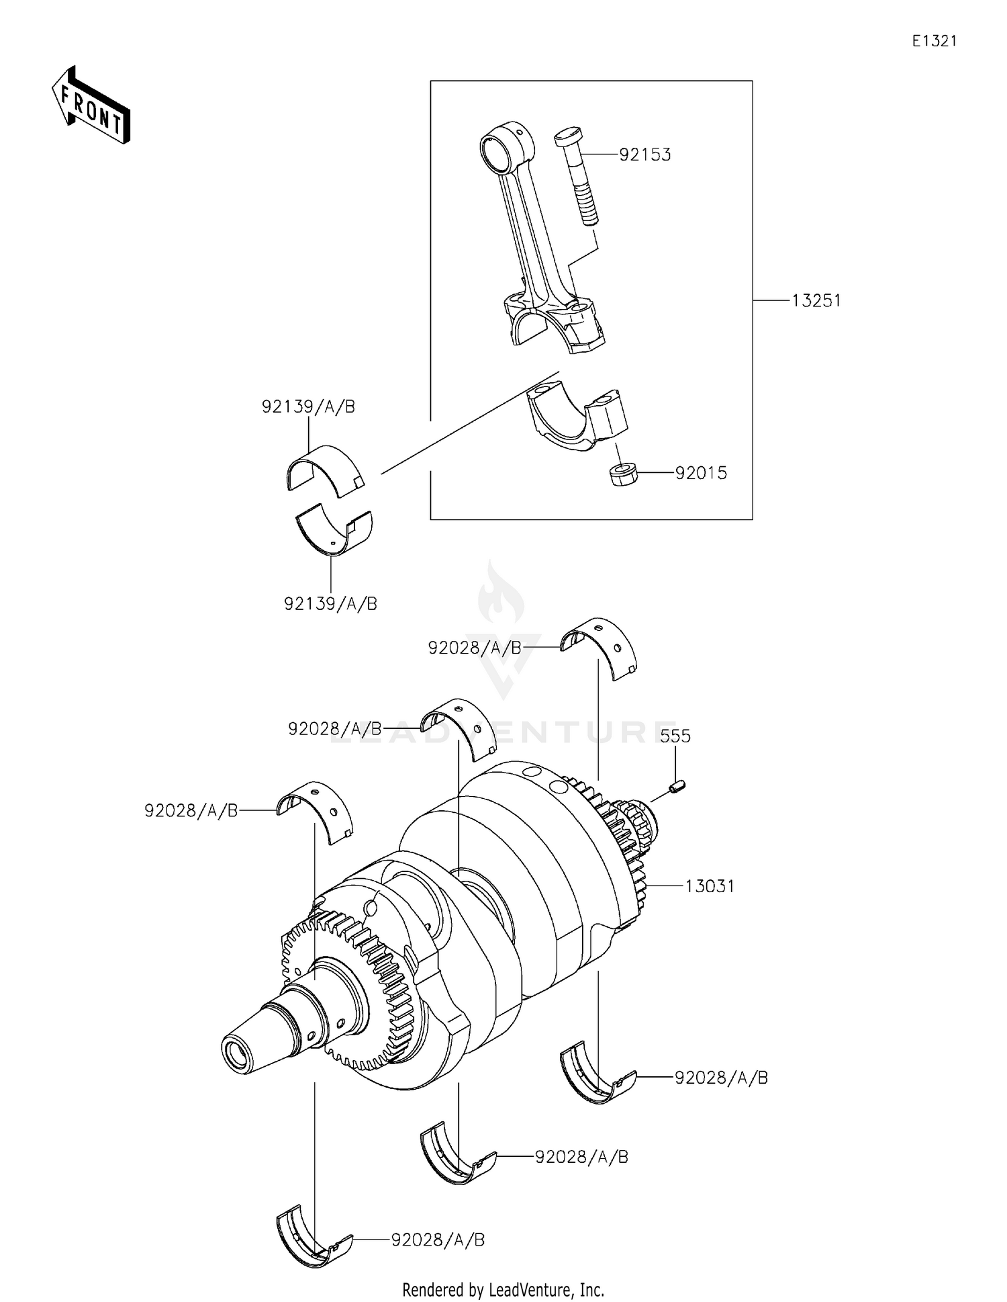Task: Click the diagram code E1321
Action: pos(934,41)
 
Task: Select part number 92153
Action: pos(644,155)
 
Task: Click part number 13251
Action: pos(816,301)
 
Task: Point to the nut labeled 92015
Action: pos(623,474)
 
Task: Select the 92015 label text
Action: pos(701,473)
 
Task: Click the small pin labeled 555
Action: pos(677,785)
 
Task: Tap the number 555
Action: pos(675,736)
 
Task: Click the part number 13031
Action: pos(710,886)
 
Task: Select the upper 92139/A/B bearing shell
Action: pos(322,470)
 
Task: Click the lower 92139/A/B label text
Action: pos(330,604)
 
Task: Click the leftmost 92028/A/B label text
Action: pos(191,811)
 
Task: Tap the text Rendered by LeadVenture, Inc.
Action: pos(503,1289)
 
